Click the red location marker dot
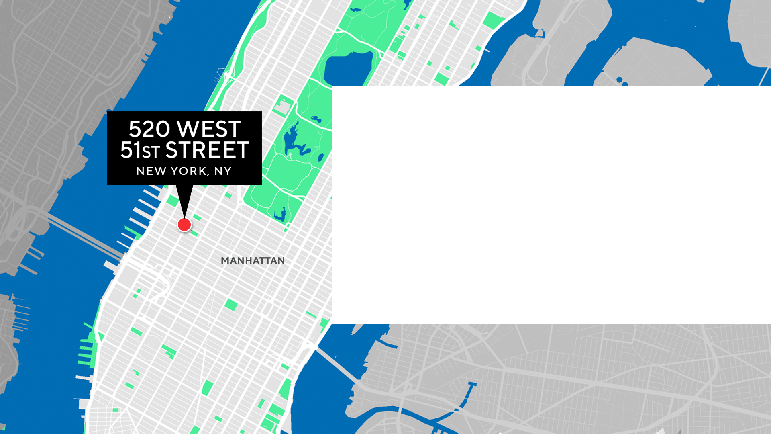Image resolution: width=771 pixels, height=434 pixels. (184, 225)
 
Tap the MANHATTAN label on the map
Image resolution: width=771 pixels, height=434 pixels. (253, 261)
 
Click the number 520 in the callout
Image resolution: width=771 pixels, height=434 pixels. (149, 129)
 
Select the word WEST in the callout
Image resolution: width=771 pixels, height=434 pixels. (208, 129)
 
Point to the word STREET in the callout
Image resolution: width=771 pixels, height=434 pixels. (207, 150)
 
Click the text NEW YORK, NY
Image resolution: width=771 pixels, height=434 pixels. (184, 171)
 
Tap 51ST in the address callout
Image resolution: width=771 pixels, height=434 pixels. (140, 150)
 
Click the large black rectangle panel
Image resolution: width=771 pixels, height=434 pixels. (551, 205)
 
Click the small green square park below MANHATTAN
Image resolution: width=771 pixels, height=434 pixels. (231, 305)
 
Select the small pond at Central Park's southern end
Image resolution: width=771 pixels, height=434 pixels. (280, 215)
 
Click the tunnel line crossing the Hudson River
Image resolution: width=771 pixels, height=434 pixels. (84, 237)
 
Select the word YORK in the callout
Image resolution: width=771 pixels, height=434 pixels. (188, 171)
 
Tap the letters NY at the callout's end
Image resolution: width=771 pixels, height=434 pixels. (223, 171)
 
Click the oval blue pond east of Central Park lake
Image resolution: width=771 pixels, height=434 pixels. (320, 158)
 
